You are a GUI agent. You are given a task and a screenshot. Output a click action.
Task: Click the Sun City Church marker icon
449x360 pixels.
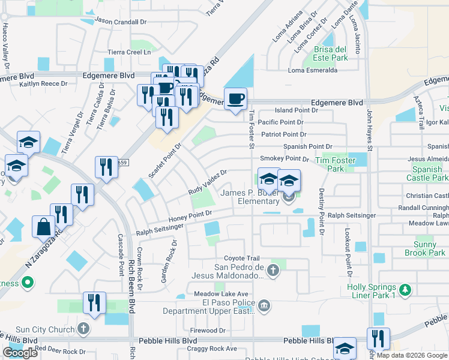pos(83,329)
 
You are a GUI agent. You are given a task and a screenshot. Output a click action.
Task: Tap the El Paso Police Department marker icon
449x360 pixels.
pos(264,307)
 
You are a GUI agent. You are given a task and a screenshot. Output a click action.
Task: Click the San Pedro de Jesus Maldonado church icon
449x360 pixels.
pos(273,271)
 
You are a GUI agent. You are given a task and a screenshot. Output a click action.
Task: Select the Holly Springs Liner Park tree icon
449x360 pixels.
pos(406,291)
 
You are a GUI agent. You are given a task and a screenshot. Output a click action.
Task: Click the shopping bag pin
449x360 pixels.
pos(44,227)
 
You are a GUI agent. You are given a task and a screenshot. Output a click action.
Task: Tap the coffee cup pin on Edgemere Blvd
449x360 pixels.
pos(235,98)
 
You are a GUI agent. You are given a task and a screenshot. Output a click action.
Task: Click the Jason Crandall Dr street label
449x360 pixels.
pos(121,21)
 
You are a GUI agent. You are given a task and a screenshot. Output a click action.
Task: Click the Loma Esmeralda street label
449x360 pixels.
pos(313,70)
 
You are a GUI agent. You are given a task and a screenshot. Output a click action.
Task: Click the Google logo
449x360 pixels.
pos(20,353)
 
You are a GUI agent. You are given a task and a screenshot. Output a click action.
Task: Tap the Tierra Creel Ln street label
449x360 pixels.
pos(129,52)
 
